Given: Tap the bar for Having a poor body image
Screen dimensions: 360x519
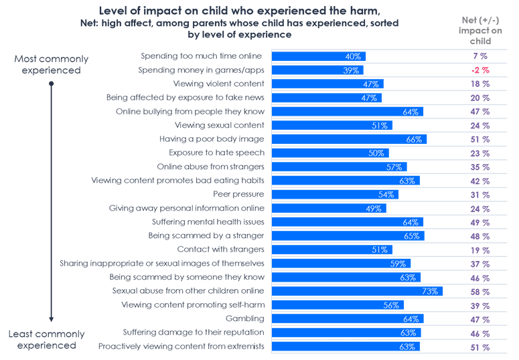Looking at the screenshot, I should (x=348, y=139).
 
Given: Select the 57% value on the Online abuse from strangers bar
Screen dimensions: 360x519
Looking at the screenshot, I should (x=394, y=167).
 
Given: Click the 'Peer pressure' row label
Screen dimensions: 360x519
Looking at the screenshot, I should (x=239, y=194).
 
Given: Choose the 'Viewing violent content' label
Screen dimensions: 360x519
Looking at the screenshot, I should (x=218, y=84).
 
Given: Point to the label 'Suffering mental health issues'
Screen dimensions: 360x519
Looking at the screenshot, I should (x=207, y=221).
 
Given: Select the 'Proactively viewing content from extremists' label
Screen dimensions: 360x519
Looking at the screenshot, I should (x=181, y=346).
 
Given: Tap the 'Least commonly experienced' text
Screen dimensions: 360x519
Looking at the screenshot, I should (x=46, y=339).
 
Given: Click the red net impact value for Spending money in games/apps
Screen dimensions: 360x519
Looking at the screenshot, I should (x=480, y=70).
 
